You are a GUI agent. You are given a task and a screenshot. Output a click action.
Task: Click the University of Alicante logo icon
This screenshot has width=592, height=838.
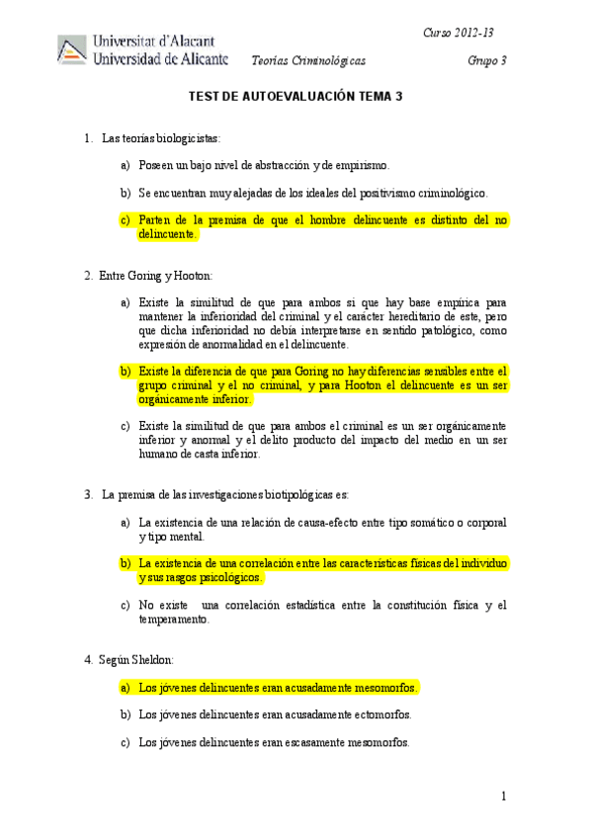[71, 50]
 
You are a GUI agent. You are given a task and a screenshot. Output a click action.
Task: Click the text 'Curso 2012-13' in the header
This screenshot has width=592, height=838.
[458, 33]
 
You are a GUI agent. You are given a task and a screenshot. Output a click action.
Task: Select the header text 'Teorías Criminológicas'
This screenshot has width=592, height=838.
[308, 61]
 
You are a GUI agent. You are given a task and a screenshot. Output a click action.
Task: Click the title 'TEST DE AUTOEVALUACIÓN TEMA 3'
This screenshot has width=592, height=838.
[296, 97]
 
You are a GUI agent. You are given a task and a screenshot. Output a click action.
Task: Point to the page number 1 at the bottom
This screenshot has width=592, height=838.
[503, 796]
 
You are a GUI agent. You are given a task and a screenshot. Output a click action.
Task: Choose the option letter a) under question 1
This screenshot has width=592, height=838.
[125, 165]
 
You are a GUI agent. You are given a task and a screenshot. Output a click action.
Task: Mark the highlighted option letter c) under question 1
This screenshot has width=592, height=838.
[125, 219]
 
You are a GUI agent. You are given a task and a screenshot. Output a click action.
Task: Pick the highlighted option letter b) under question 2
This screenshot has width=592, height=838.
[125, 371]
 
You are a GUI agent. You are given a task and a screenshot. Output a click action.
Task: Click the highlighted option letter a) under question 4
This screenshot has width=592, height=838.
[125, 686]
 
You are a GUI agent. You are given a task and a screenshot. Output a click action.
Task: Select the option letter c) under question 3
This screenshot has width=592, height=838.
[125, 605]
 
